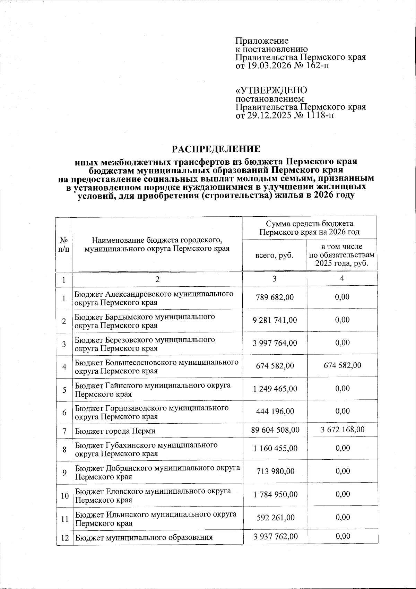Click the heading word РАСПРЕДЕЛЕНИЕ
coord(216,149)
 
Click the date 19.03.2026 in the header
coord(266,65)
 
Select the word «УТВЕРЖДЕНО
coord(271,90)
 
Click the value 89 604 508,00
coord(275,430)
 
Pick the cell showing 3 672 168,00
coord(342,430)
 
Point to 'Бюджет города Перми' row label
coord(115,431)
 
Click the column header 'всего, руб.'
coord(274,255)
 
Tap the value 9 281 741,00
coord(275,320)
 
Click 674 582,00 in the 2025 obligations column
coord(342,365)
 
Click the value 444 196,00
coord(275,411)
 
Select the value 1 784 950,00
coord(275,494)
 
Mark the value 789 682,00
coord(275,297)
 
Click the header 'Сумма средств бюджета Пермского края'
coord(309,227)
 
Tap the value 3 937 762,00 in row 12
coord(275,536)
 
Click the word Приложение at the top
coord(262,41)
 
